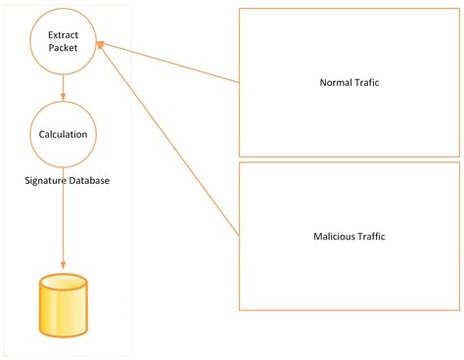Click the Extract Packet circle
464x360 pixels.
(63, 40)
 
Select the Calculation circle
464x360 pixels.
(63, 134)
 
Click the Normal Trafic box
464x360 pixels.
(349, 82)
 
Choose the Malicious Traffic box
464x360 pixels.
(349, 236)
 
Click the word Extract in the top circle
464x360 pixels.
(63, 34)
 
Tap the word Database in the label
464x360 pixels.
(88, 181)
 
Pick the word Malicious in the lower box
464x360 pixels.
(334, 236)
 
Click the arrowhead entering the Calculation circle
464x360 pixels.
(63, 98)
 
